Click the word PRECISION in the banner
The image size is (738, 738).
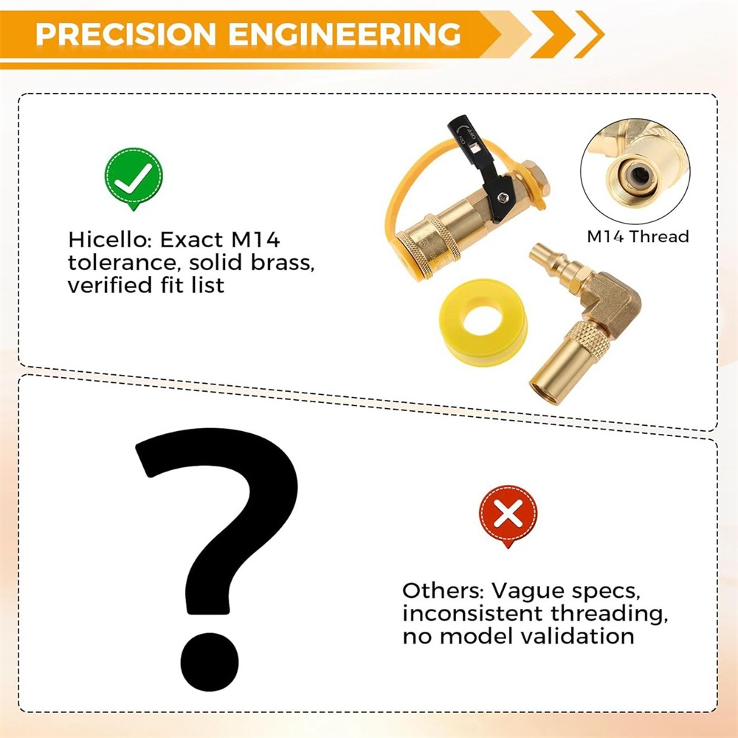[125, 34]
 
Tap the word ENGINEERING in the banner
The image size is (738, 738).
[345, 34]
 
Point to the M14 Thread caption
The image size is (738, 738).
[638, 236]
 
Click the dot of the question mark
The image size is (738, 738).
[210, 661]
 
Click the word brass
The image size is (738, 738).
[283, 262]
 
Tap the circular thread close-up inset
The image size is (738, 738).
[635, 171]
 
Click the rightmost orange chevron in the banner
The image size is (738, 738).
[589, 34]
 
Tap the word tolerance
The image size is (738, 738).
[124, 262]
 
